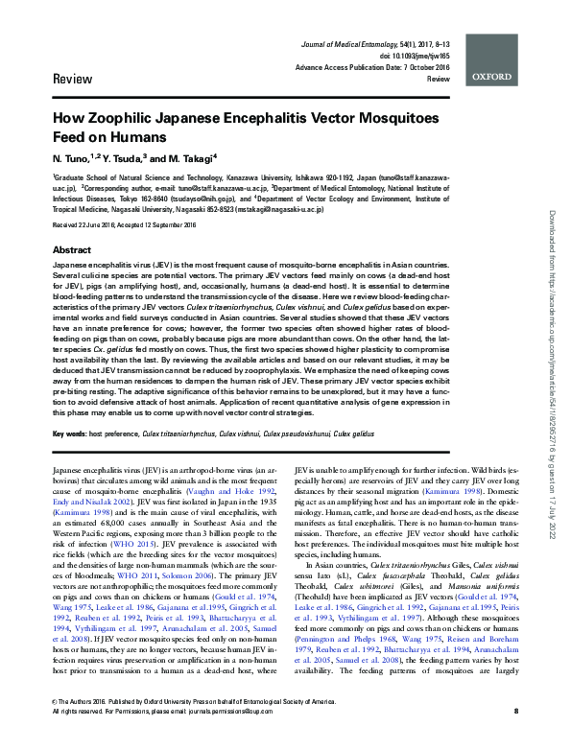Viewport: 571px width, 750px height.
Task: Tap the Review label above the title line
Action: coord(73,77)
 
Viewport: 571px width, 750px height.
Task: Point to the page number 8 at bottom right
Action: coord(516,737)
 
